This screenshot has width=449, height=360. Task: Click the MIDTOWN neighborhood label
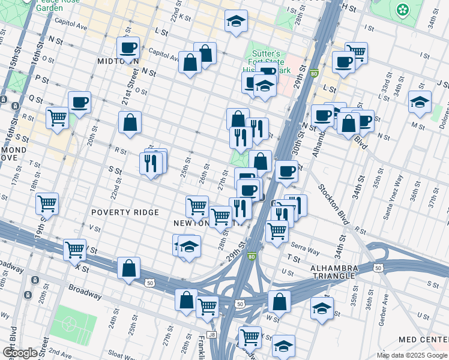[x=118, y=61]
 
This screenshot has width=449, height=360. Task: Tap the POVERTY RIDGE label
[x=125, y=212]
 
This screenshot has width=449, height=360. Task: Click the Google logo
[x=19, y=353]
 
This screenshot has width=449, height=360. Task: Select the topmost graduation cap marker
[x=236, y=21]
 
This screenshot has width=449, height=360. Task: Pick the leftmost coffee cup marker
[x=79, y=102]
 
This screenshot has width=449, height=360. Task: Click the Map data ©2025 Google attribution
[x=412, y=355]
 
